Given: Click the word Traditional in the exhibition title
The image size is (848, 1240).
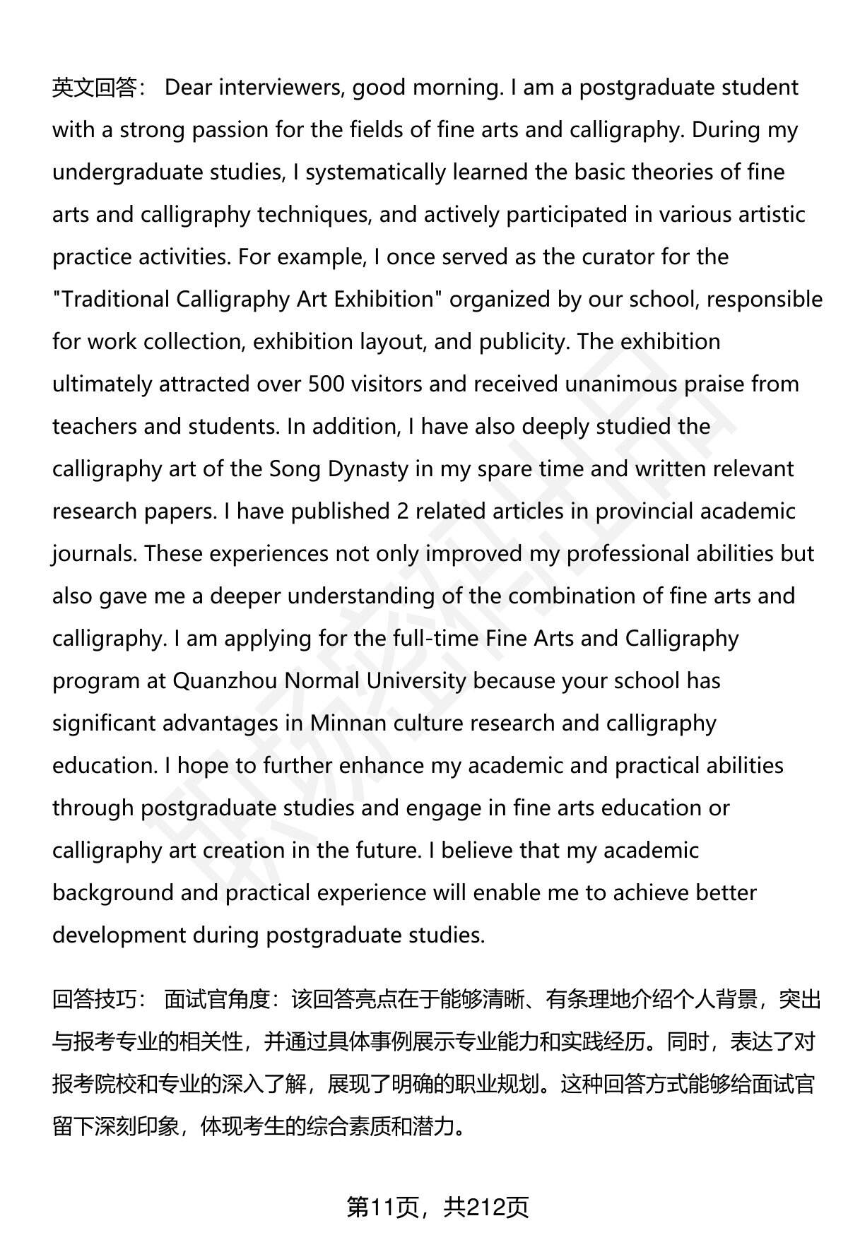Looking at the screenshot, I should (x=114, y=300).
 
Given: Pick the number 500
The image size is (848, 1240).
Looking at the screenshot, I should (x=326, y=384).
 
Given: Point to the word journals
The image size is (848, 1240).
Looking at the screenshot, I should (x=94, y=554).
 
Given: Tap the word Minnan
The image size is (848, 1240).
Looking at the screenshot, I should (x=348, y=724).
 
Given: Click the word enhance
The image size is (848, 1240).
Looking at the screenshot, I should (x=382, y=766).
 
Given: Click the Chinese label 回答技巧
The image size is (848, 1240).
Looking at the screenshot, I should (x=94, y=1000).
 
